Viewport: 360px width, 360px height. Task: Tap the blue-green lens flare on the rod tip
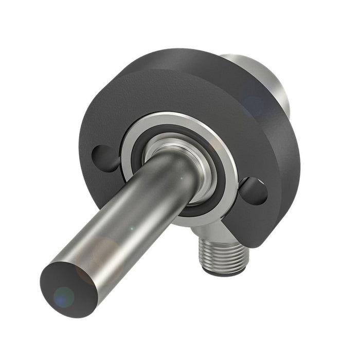coord(64,296)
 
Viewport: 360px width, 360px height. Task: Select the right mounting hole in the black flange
coord(254,190)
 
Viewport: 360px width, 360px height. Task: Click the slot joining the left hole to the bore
coord(121,159)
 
